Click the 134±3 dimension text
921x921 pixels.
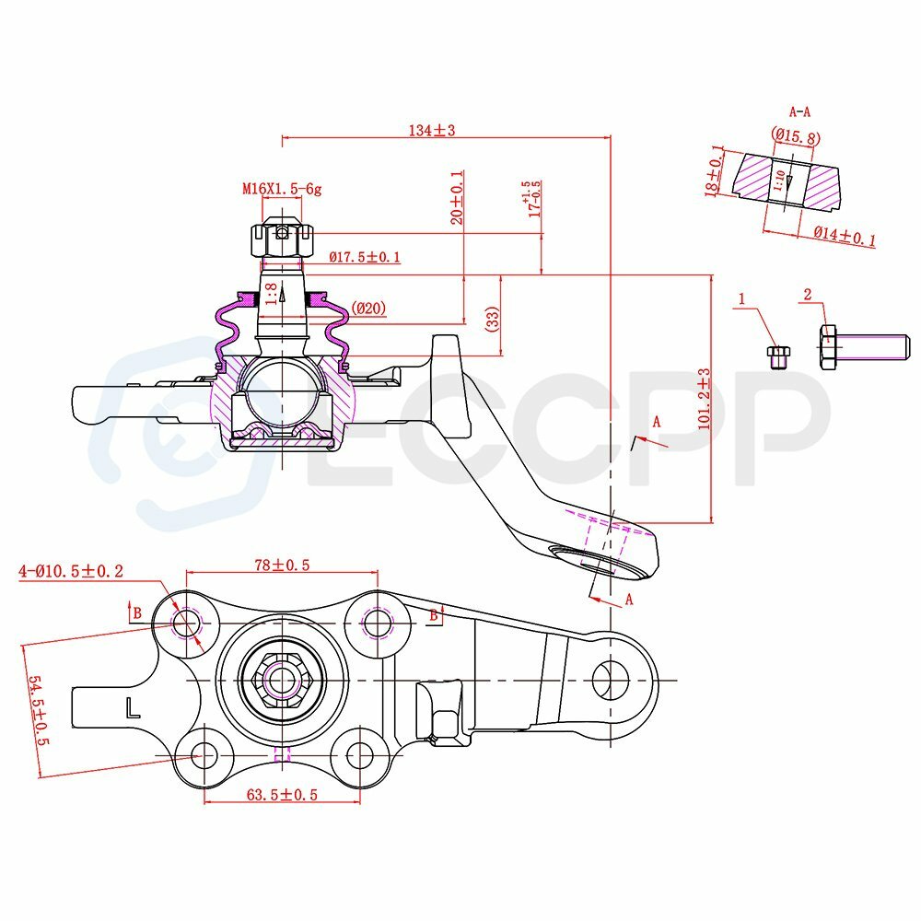coord(432,130)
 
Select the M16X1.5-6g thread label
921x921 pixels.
coord(281,189)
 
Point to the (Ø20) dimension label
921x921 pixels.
coord(367,309)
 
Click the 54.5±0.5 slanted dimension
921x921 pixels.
coord(36,710)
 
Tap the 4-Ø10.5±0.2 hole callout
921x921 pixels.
coord(71,572)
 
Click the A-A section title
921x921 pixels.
coord(799,111)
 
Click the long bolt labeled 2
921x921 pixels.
coord(862,347)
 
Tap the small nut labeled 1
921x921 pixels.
coord(777,356)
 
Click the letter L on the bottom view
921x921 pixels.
coord(133,707)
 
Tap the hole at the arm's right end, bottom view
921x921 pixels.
coord(607,679)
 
